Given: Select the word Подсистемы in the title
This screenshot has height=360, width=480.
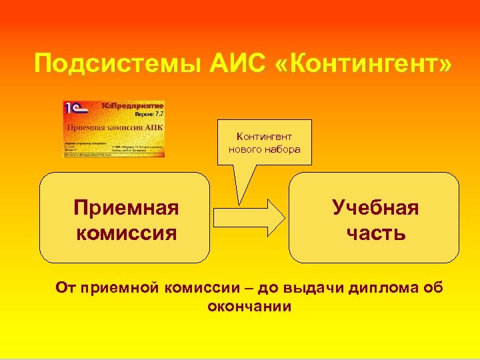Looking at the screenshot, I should click(107, 65).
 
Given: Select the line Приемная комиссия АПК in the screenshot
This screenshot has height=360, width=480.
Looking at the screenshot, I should click(113, 127).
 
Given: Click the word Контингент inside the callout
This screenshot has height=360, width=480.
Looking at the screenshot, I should click(264, 137).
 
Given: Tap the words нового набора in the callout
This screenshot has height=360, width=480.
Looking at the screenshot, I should click(264, 149).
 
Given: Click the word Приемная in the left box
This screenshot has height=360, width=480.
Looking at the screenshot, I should click(126, 208).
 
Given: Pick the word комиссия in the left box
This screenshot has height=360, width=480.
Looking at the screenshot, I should click(126, 233).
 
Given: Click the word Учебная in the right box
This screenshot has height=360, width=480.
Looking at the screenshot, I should click(375, 208).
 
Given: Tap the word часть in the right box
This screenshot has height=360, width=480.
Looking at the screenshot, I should click(375, 233).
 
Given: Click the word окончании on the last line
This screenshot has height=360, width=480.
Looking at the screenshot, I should click(249, 307).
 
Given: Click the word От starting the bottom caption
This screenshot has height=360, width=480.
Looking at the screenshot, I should click(65, 288).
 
